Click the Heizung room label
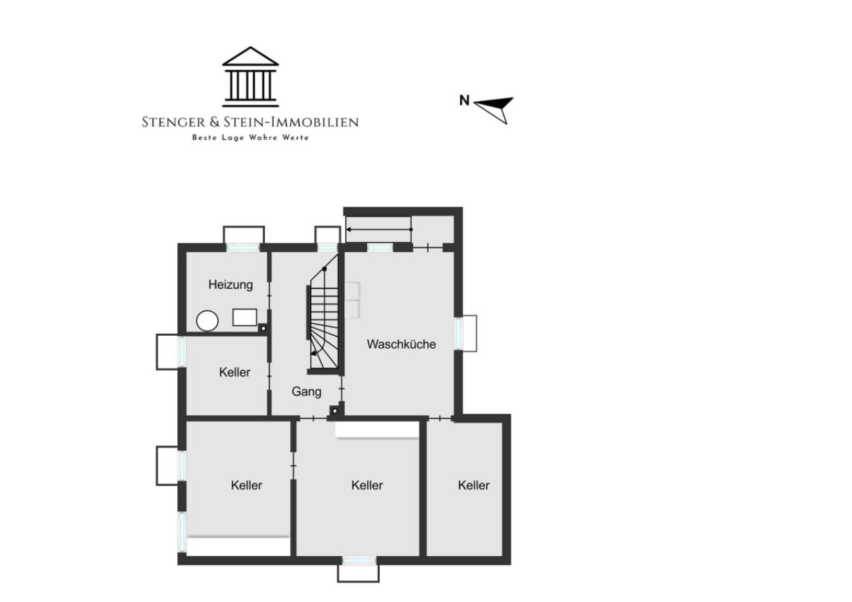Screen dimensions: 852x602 pos(231,285)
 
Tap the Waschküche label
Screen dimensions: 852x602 pos(401,344)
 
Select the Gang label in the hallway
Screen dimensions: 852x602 pos(306,391)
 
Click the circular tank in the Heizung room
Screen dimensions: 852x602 pos(207,321)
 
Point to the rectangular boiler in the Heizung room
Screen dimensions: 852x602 pos(245,317)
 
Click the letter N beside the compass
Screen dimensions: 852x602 pos(464,100)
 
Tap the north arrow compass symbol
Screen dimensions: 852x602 pos(494,110)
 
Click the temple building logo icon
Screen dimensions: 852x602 pos(250,77)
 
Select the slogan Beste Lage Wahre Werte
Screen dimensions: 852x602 pos(250,137)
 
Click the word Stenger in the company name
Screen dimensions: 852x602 pos(173,122)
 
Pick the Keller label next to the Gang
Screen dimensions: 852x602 pos(234,372)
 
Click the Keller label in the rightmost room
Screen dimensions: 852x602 pos(473,485)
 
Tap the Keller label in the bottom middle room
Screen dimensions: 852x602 pos(366,485)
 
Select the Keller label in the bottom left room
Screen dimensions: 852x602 pos(247,485)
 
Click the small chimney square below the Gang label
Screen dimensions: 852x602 pos(334,411)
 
